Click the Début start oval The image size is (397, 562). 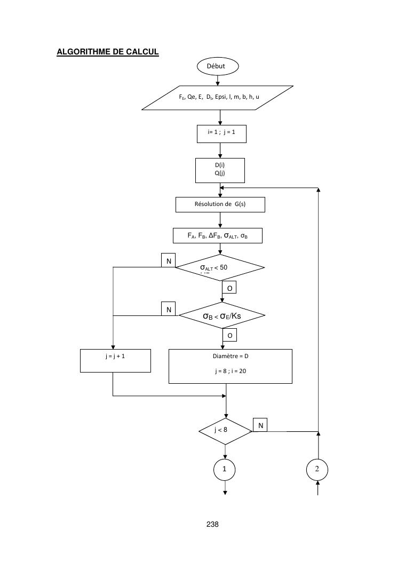pyautogui.click(x=218, y=66)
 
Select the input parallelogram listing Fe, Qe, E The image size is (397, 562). pyautogui.click(x=218, y=98)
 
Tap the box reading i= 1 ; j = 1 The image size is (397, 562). pyautogui.click(x=221, y=133)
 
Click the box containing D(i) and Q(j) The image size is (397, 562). pyautogui.click(x=220, y=170)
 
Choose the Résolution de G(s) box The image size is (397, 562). pyautogui.click(x=220, y=204)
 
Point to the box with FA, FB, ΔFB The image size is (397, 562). pyautogui.click(x=218, y=235)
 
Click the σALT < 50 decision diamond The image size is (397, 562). pyautogui.click(x=220, y=267)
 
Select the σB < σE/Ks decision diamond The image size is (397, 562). pyautogui.click(x=222, y=316)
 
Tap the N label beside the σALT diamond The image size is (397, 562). pyautogui.click(x=169, y=260)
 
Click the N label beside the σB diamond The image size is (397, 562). pyautogui.click(x=169, y=308)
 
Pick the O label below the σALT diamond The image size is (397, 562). pyautogui.click(x=229, y=288)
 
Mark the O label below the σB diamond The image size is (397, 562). pyautogui.click(x=229, y=335)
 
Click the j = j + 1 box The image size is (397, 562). pyautogui.click(x=115, y=360)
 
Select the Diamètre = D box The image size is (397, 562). pyautogui.click(x=231, y=366)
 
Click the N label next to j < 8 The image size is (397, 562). pyautogui.click(x=260, y=425)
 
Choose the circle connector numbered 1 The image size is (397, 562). pyautogui.click(x=225, y=470)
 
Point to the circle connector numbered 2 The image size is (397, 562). pyautogui.click(x=317, y=469)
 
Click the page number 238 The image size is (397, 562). pyautogui.click(x=212, y=524)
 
